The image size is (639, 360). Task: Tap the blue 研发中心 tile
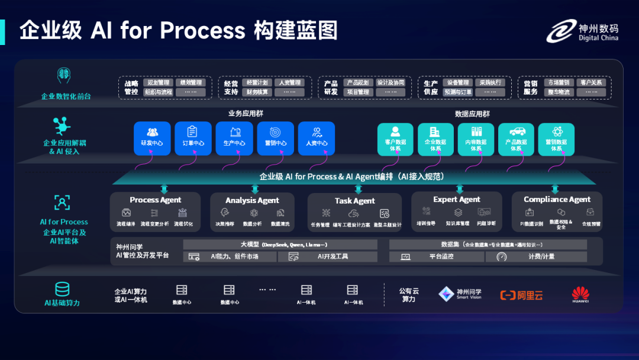tap(152, 139)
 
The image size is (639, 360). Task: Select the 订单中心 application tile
tap(193, 139)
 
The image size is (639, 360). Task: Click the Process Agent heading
tap(156, 200)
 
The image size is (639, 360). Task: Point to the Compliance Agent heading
tap(557, 200)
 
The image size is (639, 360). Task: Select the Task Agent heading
tap(355, 201)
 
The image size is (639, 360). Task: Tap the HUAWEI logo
tap(580, 294)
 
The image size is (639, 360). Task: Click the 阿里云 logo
tap(521, 295)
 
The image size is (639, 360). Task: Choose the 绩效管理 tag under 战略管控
tap(191, 83)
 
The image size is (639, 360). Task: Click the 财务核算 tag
tap(257, 92)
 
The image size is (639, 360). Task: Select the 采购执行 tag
tap(490, 83)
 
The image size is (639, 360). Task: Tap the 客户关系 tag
tap(591, 83)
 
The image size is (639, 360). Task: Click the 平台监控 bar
tap(435, 257)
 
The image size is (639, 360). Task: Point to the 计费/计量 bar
tap(536, 257)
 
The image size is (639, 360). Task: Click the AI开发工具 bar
tap(332, 257)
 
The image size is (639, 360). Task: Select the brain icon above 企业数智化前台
tap(64, 75)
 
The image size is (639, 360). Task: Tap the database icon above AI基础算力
tap(62, 289)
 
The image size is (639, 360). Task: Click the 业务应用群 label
tap(243, 113)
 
